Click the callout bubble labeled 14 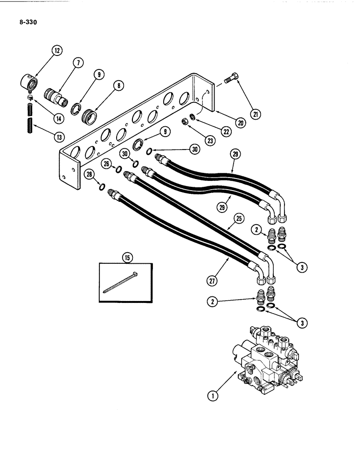click(x=59, y=118)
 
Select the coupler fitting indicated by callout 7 click(x=55, y=99)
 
